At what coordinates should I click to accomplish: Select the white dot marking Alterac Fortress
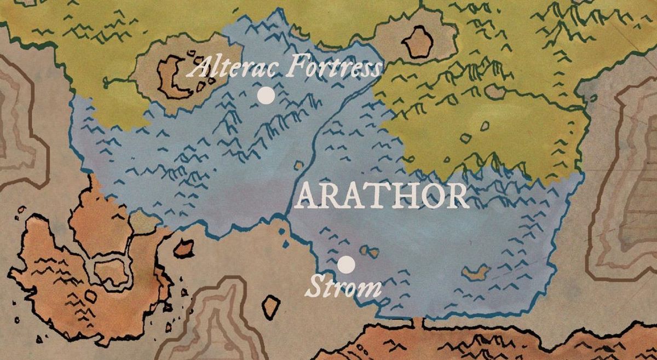coord(266,95)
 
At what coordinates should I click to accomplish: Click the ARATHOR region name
coord(381,196)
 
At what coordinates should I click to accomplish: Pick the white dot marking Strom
coord(346,265)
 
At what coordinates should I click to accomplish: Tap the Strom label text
coord(343,287)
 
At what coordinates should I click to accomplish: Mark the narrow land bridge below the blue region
coord(422,323)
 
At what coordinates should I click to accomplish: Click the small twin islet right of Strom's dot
coord(370,252)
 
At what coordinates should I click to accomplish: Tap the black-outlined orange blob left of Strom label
coord(272,306)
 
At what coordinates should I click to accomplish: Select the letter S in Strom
coord(316,287)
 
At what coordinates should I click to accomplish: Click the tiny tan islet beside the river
coord(299,165)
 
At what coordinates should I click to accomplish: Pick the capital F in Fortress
coord(296,67)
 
